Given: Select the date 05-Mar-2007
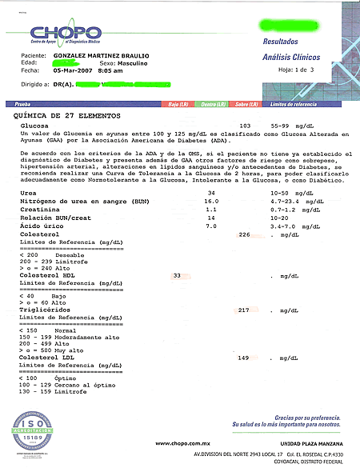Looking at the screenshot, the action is pos(73,70).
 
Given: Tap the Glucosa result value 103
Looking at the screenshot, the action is pos(246,126).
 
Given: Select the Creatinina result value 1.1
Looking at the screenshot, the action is pos(211,209).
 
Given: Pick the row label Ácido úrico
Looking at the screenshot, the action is pos(37,226).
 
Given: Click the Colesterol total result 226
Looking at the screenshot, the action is pos(246,234).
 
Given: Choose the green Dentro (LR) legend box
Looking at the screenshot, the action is pos(213,105).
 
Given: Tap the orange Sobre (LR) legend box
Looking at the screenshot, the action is pos(246,105).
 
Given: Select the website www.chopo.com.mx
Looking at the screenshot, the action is pos(182,443).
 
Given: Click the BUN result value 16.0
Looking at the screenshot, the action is pos(211,202).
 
